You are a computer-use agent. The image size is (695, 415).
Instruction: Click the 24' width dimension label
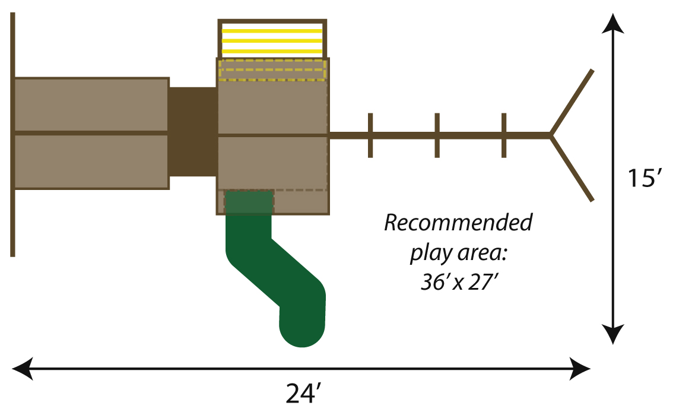[x=303, y=394]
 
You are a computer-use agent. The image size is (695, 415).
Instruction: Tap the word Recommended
[x=458, y=224]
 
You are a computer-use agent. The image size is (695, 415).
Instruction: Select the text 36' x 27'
[x=458, y=282]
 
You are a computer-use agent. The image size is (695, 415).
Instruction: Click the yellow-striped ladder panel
[x=272, y=39]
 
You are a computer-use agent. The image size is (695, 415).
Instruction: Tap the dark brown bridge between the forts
[x=193, y=132]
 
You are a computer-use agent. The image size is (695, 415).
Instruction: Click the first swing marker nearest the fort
[x=370, y=135]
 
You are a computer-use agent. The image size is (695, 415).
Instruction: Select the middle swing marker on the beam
[x=437, y=135]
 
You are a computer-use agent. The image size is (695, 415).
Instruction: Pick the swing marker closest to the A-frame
[x=504, y=135]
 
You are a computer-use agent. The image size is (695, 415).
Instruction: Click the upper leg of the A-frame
[x=572, y=103]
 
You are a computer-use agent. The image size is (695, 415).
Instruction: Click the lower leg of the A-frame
[x=572, y=169]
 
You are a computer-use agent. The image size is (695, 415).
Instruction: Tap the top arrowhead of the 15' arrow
[x=614, y=24]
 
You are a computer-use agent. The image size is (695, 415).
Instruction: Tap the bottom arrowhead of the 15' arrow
[x=614, y=334]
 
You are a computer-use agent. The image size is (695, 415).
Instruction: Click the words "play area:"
[x=458, y=254]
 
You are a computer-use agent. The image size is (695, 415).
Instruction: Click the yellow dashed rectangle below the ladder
[x=272, y=69]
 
